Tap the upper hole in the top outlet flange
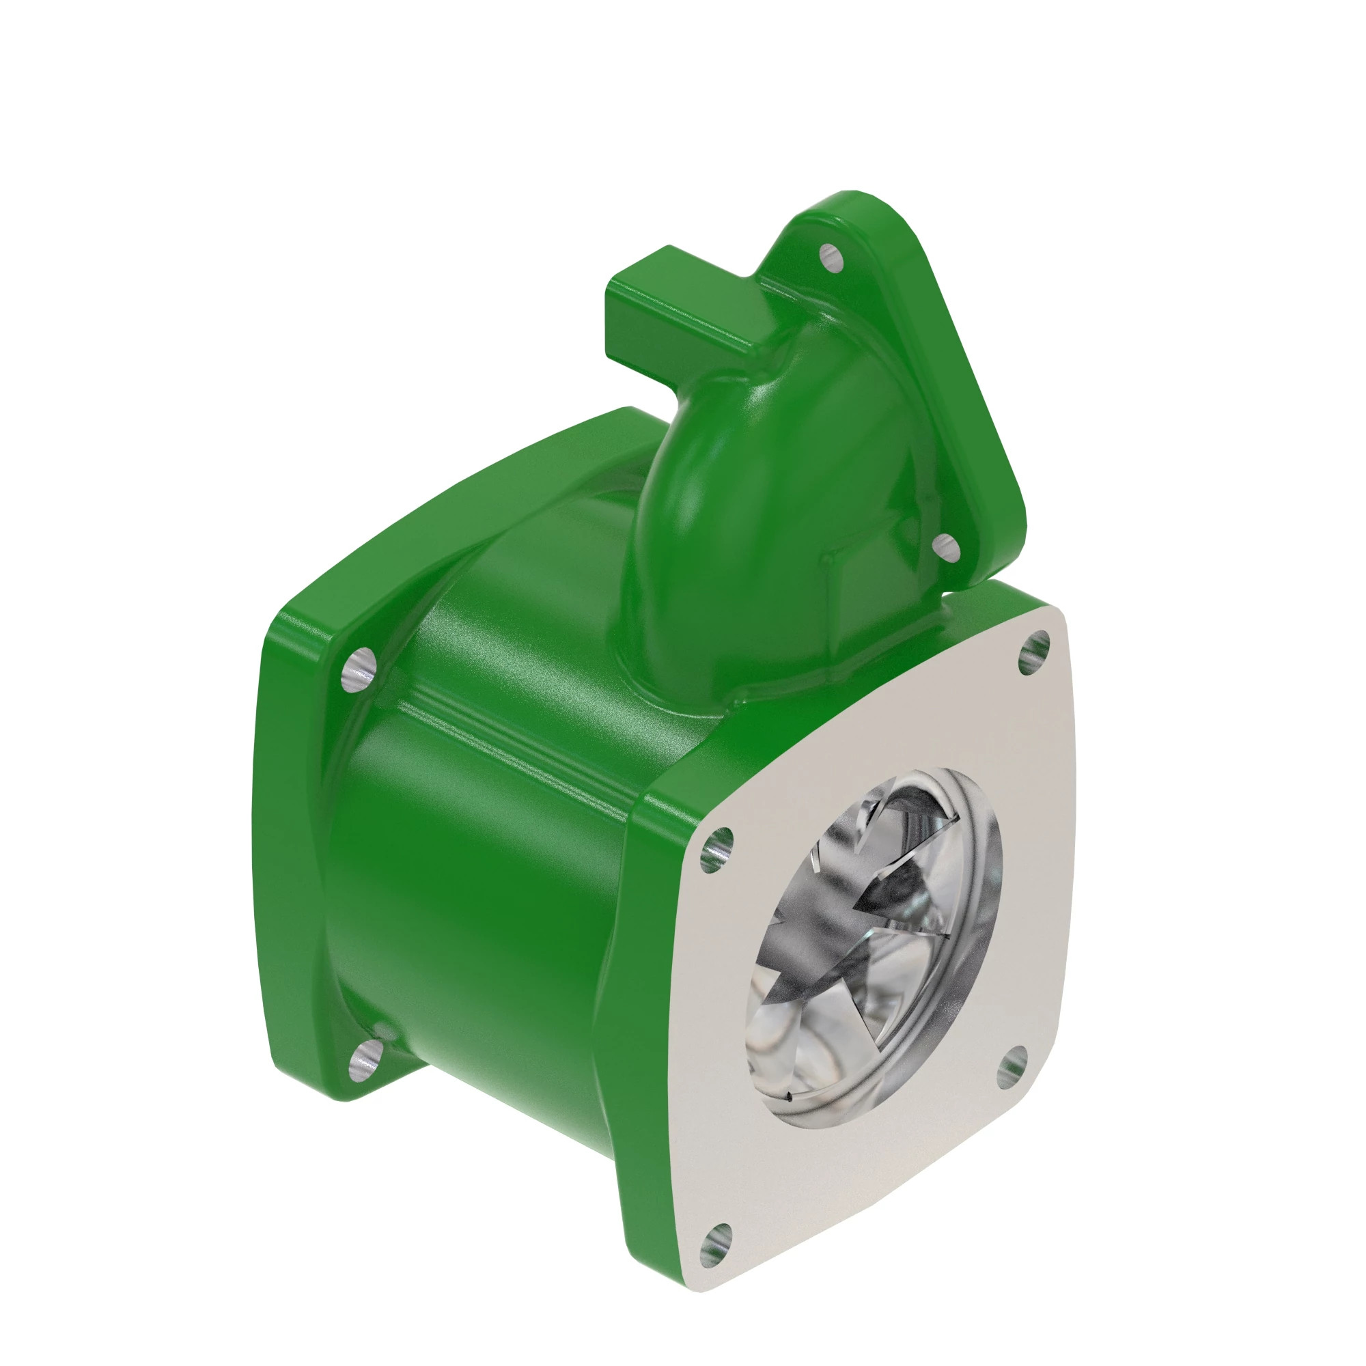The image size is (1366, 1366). pos(831,258)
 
